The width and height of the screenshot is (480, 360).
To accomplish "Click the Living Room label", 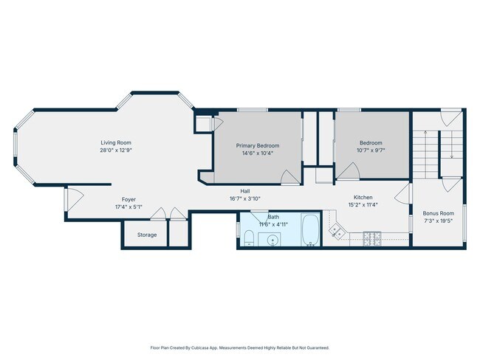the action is tap(116, 142).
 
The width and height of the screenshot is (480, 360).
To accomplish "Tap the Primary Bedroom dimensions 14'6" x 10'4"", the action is tap(258, 153).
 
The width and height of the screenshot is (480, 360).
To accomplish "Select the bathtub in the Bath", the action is tap(310, 230).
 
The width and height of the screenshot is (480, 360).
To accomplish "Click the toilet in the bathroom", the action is tap(250, 238).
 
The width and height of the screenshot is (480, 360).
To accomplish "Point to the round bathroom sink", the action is tap(271, 240).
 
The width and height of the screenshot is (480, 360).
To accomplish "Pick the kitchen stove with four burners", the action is tap(372, 238).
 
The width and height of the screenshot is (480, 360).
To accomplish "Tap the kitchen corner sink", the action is tap(337, 231).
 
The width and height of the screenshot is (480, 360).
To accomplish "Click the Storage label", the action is tap(147, 235).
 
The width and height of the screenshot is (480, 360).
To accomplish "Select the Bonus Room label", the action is tap(439, 213).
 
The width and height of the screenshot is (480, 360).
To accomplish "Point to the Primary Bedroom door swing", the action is tap(290, 177).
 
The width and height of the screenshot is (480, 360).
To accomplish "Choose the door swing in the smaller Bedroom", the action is tap(348, 171).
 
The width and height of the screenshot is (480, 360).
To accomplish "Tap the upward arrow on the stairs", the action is tap(425, 154).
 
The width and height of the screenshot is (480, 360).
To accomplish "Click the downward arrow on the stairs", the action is tap(452, 145).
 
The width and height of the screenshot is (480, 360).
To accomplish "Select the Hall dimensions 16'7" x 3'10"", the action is tap(245, 198).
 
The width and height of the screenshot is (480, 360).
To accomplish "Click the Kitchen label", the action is tap(363, 197).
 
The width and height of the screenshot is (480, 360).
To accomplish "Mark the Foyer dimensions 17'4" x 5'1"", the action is tap(128, 207).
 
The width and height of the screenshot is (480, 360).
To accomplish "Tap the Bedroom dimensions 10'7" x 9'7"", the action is tap(371, 150).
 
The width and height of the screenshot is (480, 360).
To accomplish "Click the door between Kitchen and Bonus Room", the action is tap(402, 194).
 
